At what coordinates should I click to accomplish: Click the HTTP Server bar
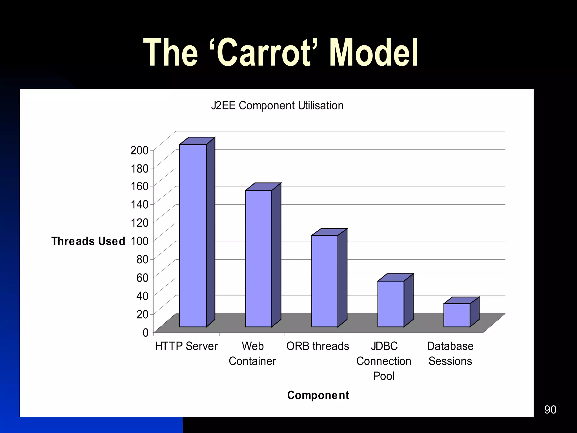point(193,235)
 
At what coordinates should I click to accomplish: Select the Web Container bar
point(259,259)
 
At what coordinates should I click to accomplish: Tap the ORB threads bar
point(325,281)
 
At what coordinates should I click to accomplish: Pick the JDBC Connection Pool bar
point(391,304)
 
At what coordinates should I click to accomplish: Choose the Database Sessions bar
point(457,315)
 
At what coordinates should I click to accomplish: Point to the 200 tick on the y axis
point(139,150)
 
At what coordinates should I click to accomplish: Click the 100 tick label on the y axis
point(139,241)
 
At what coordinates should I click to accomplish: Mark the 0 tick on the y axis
point(145,333)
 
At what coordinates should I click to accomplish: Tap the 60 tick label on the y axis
point(142,278)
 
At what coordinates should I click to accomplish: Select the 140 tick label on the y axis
point(139,204)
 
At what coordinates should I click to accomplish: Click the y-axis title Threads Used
point(88,241)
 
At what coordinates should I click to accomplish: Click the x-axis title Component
point(318,395)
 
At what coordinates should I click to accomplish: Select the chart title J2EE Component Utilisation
point(277,106)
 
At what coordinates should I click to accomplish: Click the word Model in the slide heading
point(374,53)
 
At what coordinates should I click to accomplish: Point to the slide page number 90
point(550,410)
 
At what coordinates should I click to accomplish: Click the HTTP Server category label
point(186,346)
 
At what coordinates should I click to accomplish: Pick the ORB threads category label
point(318,346)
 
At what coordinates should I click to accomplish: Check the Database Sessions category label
point(450,354)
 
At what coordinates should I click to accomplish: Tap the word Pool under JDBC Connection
point(384,376)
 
